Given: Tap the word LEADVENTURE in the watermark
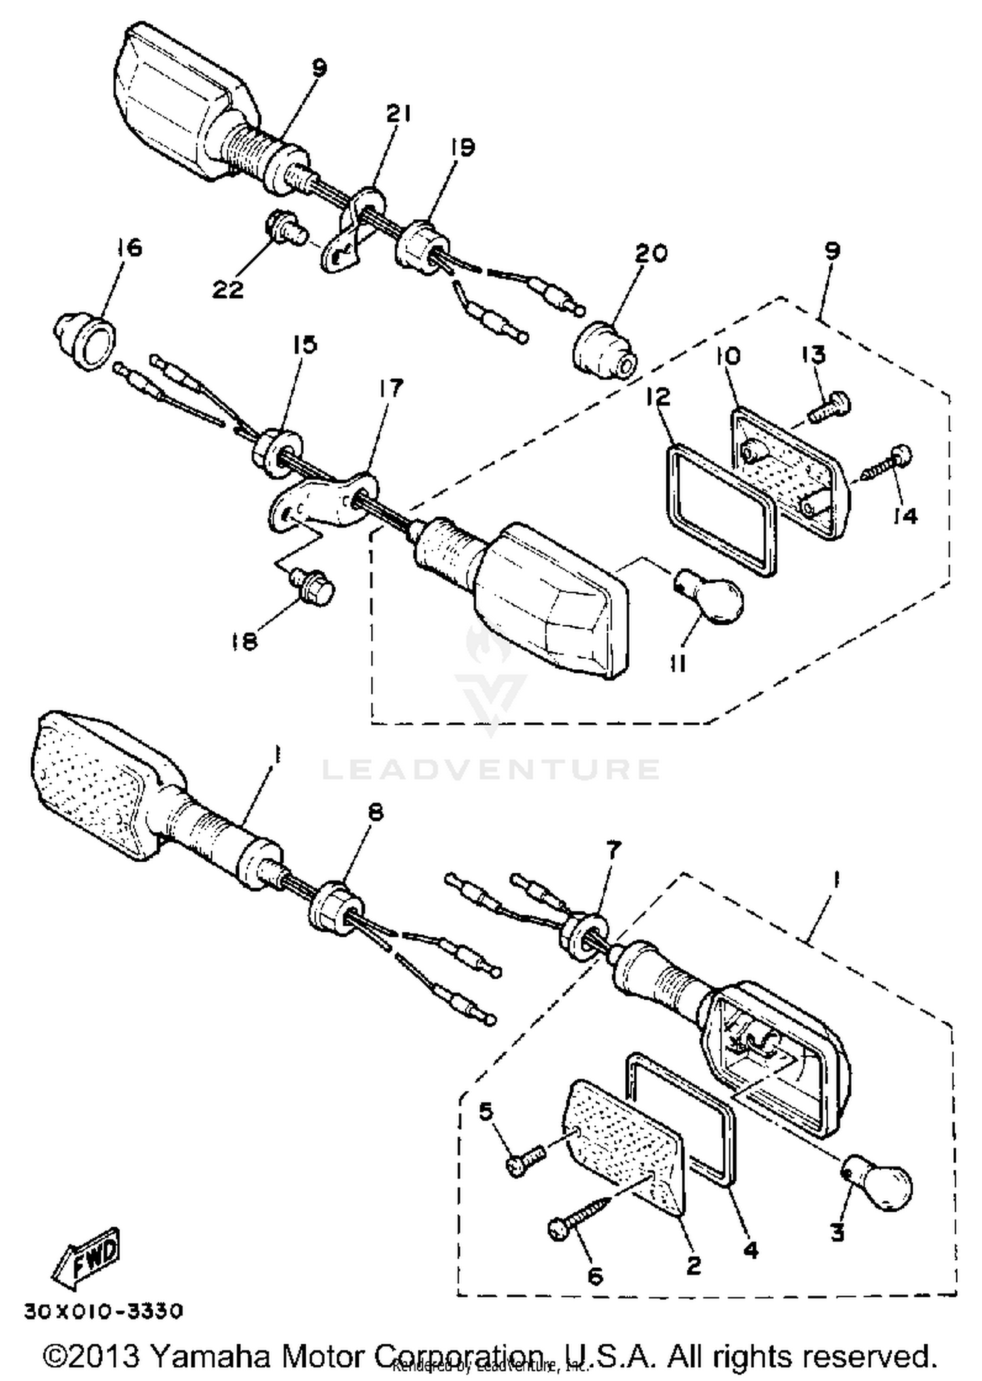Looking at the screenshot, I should point(491,769).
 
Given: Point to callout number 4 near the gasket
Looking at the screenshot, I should point(751,1250).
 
